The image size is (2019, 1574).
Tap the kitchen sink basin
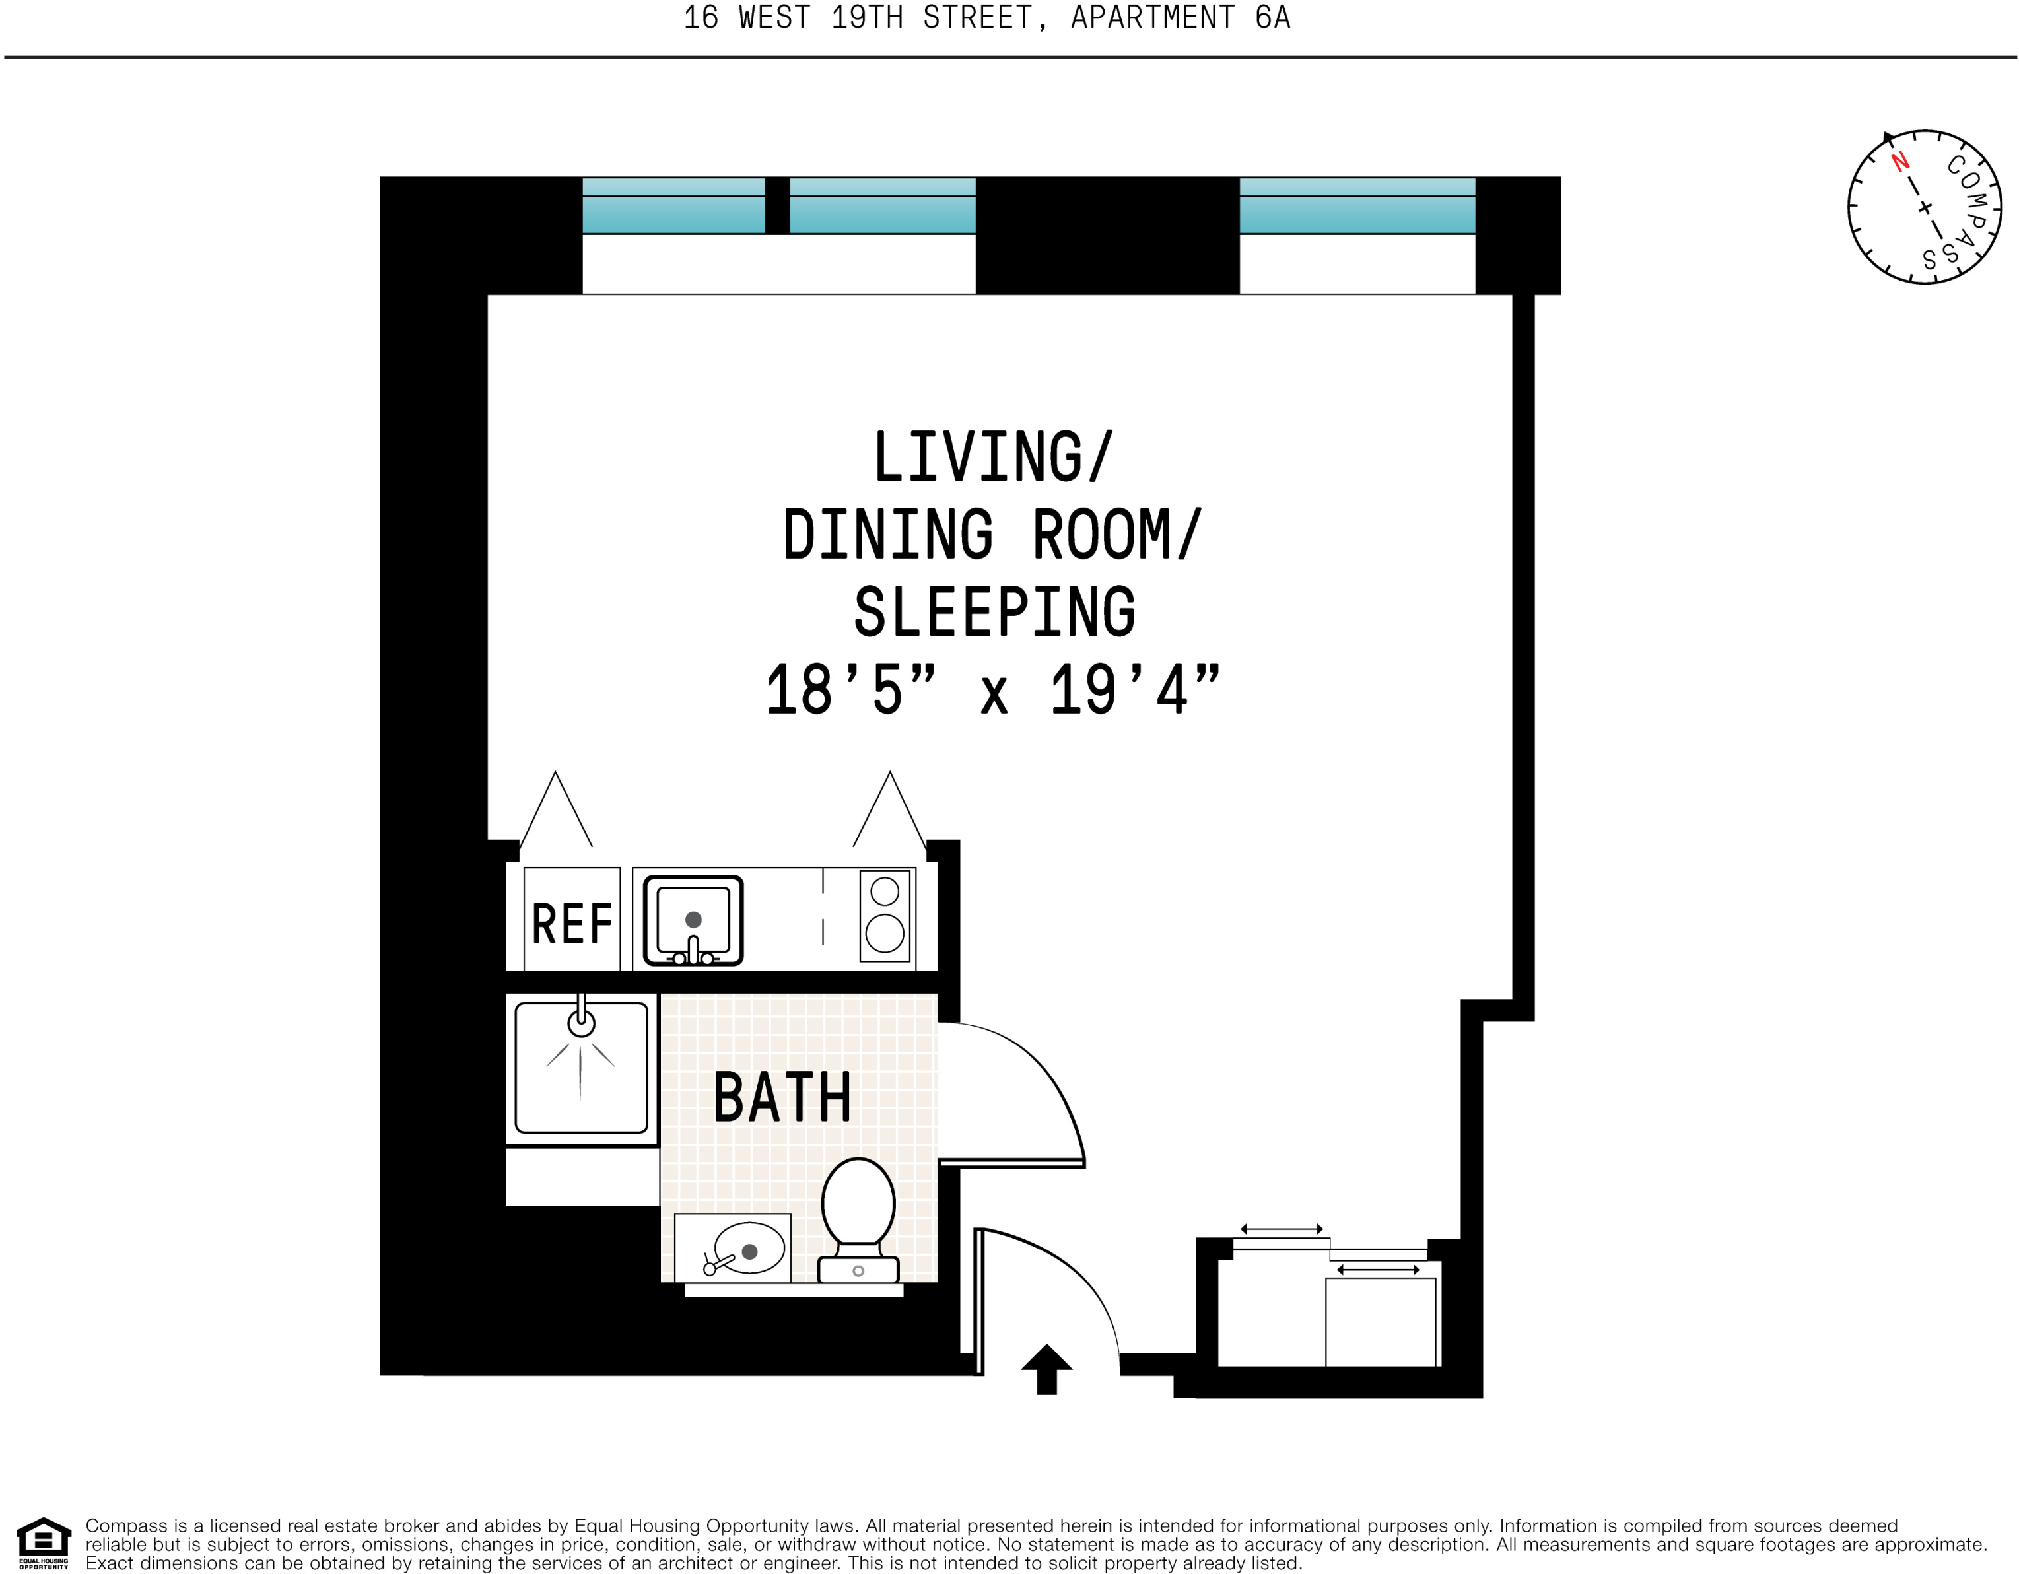pyautogui.click(x=693, y=918)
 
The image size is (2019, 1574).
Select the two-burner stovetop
pyautogui.click(x=885, y=915)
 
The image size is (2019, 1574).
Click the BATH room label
pyautogui.click(x=782, y=1097)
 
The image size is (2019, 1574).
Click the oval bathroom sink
pyautogui.click(x=749, y=1249)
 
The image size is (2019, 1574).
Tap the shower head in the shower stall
pyautogui.click(x=580, y=1022)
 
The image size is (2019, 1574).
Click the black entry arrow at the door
pyautogui.click(x=1046, y=1369)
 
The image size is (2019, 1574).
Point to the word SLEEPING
pyautogui.click(x=994, y=612)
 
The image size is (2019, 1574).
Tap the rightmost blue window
pyautogui.click(x=1356, y=206)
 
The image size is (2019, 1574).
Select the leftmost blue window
pyautogui.click(x=673, y=206)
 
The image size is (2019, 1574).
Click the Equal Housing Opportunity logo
pyautogui.click(x=44, y=1542)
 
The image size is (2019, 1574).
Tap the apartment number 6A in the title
pyautogui.click(x=1272, y=18)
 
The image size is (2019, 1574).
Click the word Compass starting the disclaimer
pyautogui.click(x=125, y=1526)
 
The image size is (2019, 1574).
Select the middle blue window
pyautogui.click(x=882, y=206)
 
